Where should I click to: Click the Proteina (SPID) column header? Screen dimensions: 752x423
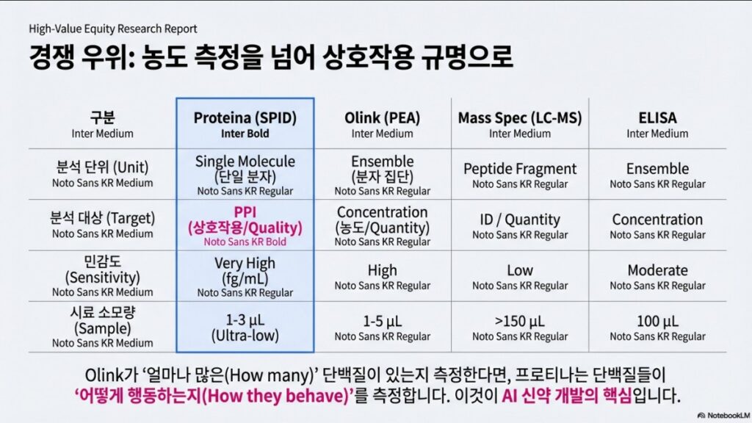[x=245, y=118]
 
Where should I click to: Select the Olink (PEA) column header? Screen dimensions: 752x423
[x=382, y=118]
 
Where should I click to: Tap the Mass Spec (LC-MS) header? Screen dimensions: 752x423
[x=520, y=118]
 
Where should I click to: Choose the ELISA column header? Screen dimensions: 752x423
[x=657, y=118]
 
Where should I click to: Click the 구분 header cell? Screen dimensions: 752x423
[x=103, y=117]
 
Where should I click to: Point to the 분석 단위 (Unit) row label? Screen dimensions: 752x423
[x=103, y=167]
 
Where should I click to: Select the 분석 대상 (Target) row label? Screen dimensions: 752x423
[x=103, y=218]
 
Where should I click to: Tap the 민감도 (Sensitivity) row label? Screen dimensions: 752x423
[x=103, y=270]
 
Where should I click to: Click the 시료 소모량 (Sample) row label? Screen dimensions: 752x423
[x=103, y=320]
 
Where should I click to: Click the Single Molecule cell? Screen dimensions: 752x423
[x=245, y=169]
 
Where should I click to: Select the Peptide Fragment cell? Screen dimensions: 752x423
[x=520, y=169]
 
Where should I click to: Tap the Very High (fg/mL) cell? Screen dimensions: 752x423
[x=245, y=270]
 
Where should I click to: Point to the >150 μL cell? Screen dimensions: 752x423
[x=520, y=322]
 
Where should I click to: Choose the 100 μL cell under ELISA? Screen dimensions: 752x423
[x=657, y=322]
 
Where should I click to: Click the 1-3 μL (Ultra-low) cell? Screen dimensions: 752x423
[x=245, y=328]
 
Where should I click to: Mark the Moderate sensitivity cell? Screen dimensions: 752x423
[x=657, y=270]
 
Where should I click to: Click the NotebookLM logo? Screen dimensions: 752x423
[x=723, y=416]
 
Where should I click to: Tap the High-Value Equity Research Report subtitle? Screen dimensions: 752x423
[x=112, y=29]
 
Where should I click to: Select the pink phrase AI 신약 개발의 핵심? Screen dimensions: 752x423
[x=567, y=396]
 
